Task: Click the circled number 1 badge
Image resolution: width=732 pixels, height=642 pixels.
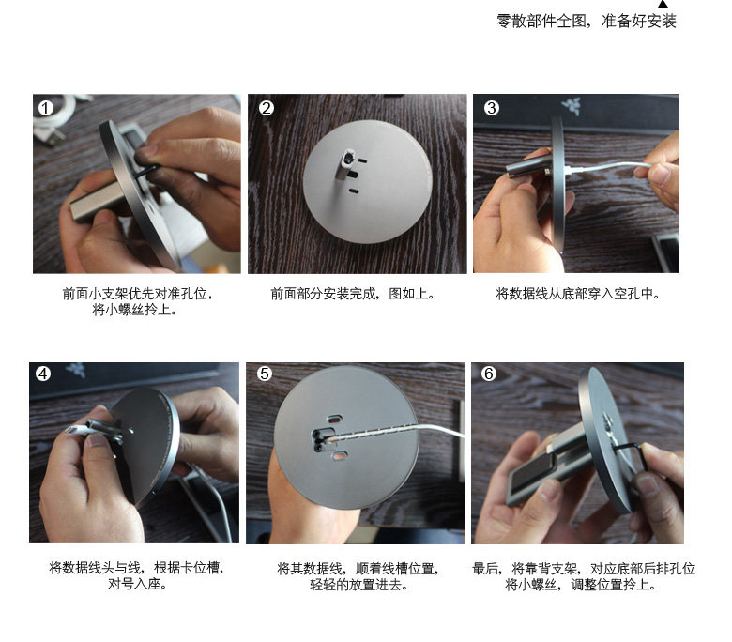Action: click(x=45, y=108)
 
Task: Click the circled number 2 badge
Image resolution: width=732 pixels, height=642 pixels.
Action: click(x=267, y=108)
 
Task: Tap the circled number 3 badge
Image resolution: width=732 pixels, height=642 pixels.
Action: click(x=491, y=108)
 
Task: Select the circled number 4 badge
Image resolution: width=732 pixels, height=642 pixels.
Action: click(x=43, y=374)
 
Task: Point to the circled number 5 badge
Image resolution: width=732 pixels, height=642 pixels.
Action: click(x=265, y=374)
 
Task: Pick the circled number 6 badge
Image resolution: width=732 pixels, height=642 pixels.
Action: click(x=489, y=374)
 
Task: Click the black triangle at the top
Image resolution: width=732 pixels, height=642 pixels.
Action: click(x=663, y=4)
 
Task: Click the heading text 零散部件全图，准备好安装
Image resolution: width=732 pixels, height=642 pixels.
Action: click(x=586, y=21)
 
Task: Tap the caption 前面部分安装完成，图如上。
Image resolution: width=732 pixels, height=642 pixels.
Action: click(x=353, y=294)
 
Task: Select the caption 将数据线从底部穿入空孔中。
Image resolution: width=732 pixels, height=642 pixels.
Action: click(x=578, y=294)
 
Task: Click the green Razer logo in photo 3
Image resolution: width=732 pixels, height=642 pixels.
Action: click(x=572, y=105)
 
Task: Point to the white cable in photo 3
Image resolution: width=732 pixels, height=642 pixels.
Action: click(x=607, y=167)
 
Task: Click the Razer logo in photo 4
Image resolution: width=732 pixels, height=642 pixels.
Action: click(x=76, y=369)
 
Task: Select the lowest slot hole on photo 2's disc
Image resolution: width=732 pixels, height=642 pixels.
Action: click(x=355, y=191)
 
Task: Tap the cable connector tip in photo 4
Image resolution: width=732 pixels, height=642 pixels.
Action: click(x=71, y=430)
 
